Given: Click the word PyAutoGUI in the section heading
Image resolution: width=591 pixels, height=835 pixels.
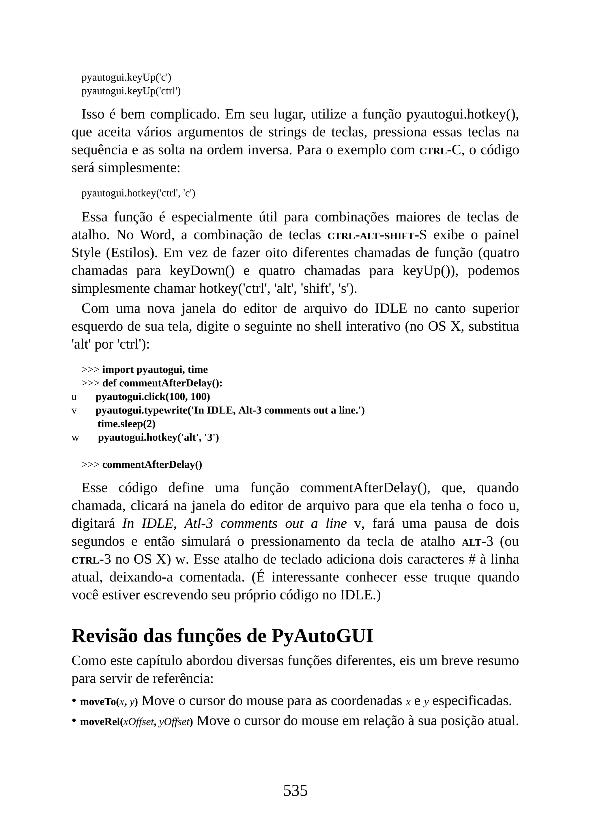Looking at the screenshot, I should point(322,636).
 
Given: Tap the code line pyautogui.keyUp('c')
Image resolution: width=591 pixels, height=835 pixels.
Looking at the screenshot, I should point(126,78).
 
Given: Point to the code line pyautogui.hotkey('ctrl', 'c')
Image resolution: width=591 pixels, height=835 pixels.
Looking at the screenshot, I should point(138,193).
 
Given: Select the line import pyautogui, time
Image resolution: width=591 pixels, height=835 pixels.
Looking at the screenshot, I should point(155,370).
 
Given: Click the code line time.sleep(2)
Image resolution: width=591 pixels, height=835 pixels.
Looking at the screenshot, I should point(126,424).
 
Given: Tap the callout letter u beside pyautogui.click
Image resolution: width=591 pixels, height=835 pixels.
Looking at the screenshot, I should point(74,397).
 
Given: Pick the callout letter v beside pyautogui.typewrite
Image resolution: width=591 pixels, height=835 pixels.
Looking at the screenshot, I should point(74,411).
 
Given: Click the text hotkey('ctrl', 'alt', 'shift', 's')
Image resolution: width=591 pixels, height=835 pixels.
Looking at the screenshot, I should point(278,289).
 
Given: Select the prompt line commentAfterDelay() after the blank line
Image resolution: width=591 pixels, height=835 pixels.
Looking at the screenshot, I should point(152,465).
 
